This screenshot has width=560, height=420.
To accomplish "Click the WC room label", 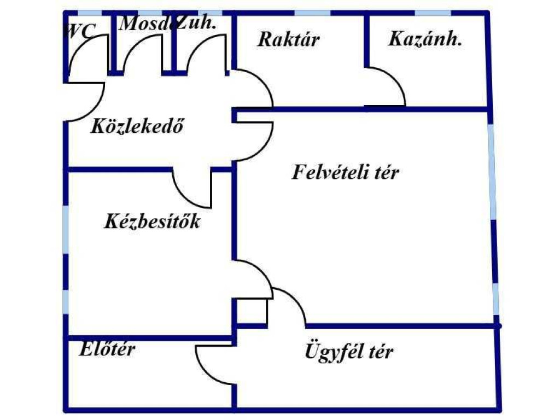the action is pyautogui.click(x=80, y=31).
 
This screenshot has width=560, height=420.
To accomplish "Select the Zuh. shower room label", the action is pyautogui.click(x=196, y=23).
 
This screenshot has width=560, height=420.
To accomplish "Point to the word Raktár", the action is pyautogui.click(x=288, y=39).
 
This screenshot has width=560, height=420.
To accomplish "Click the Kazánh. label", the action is pyautogui.click(x=425, y=39).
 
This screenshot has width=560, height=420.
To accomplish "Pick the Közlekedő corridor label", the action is pyautogui.click(x=137, y=126).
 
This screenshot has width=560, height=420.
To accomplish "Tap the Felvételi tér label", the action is pyautogui.click(x=345, y=172).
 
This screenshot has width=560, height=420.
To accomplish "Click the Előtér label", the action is pyautogui.click(x=107, y=348).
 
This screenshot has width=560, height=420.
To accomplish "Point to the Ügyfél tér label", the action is pyautogui.click(x=349, y=352).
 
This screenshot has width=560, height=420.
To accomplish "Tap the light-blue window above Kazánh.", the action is pyautogui.click(x=433, y=14).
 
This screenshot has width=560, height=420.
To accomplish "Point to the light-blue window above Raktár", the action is pyautogui.click(x=312, y=14).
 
